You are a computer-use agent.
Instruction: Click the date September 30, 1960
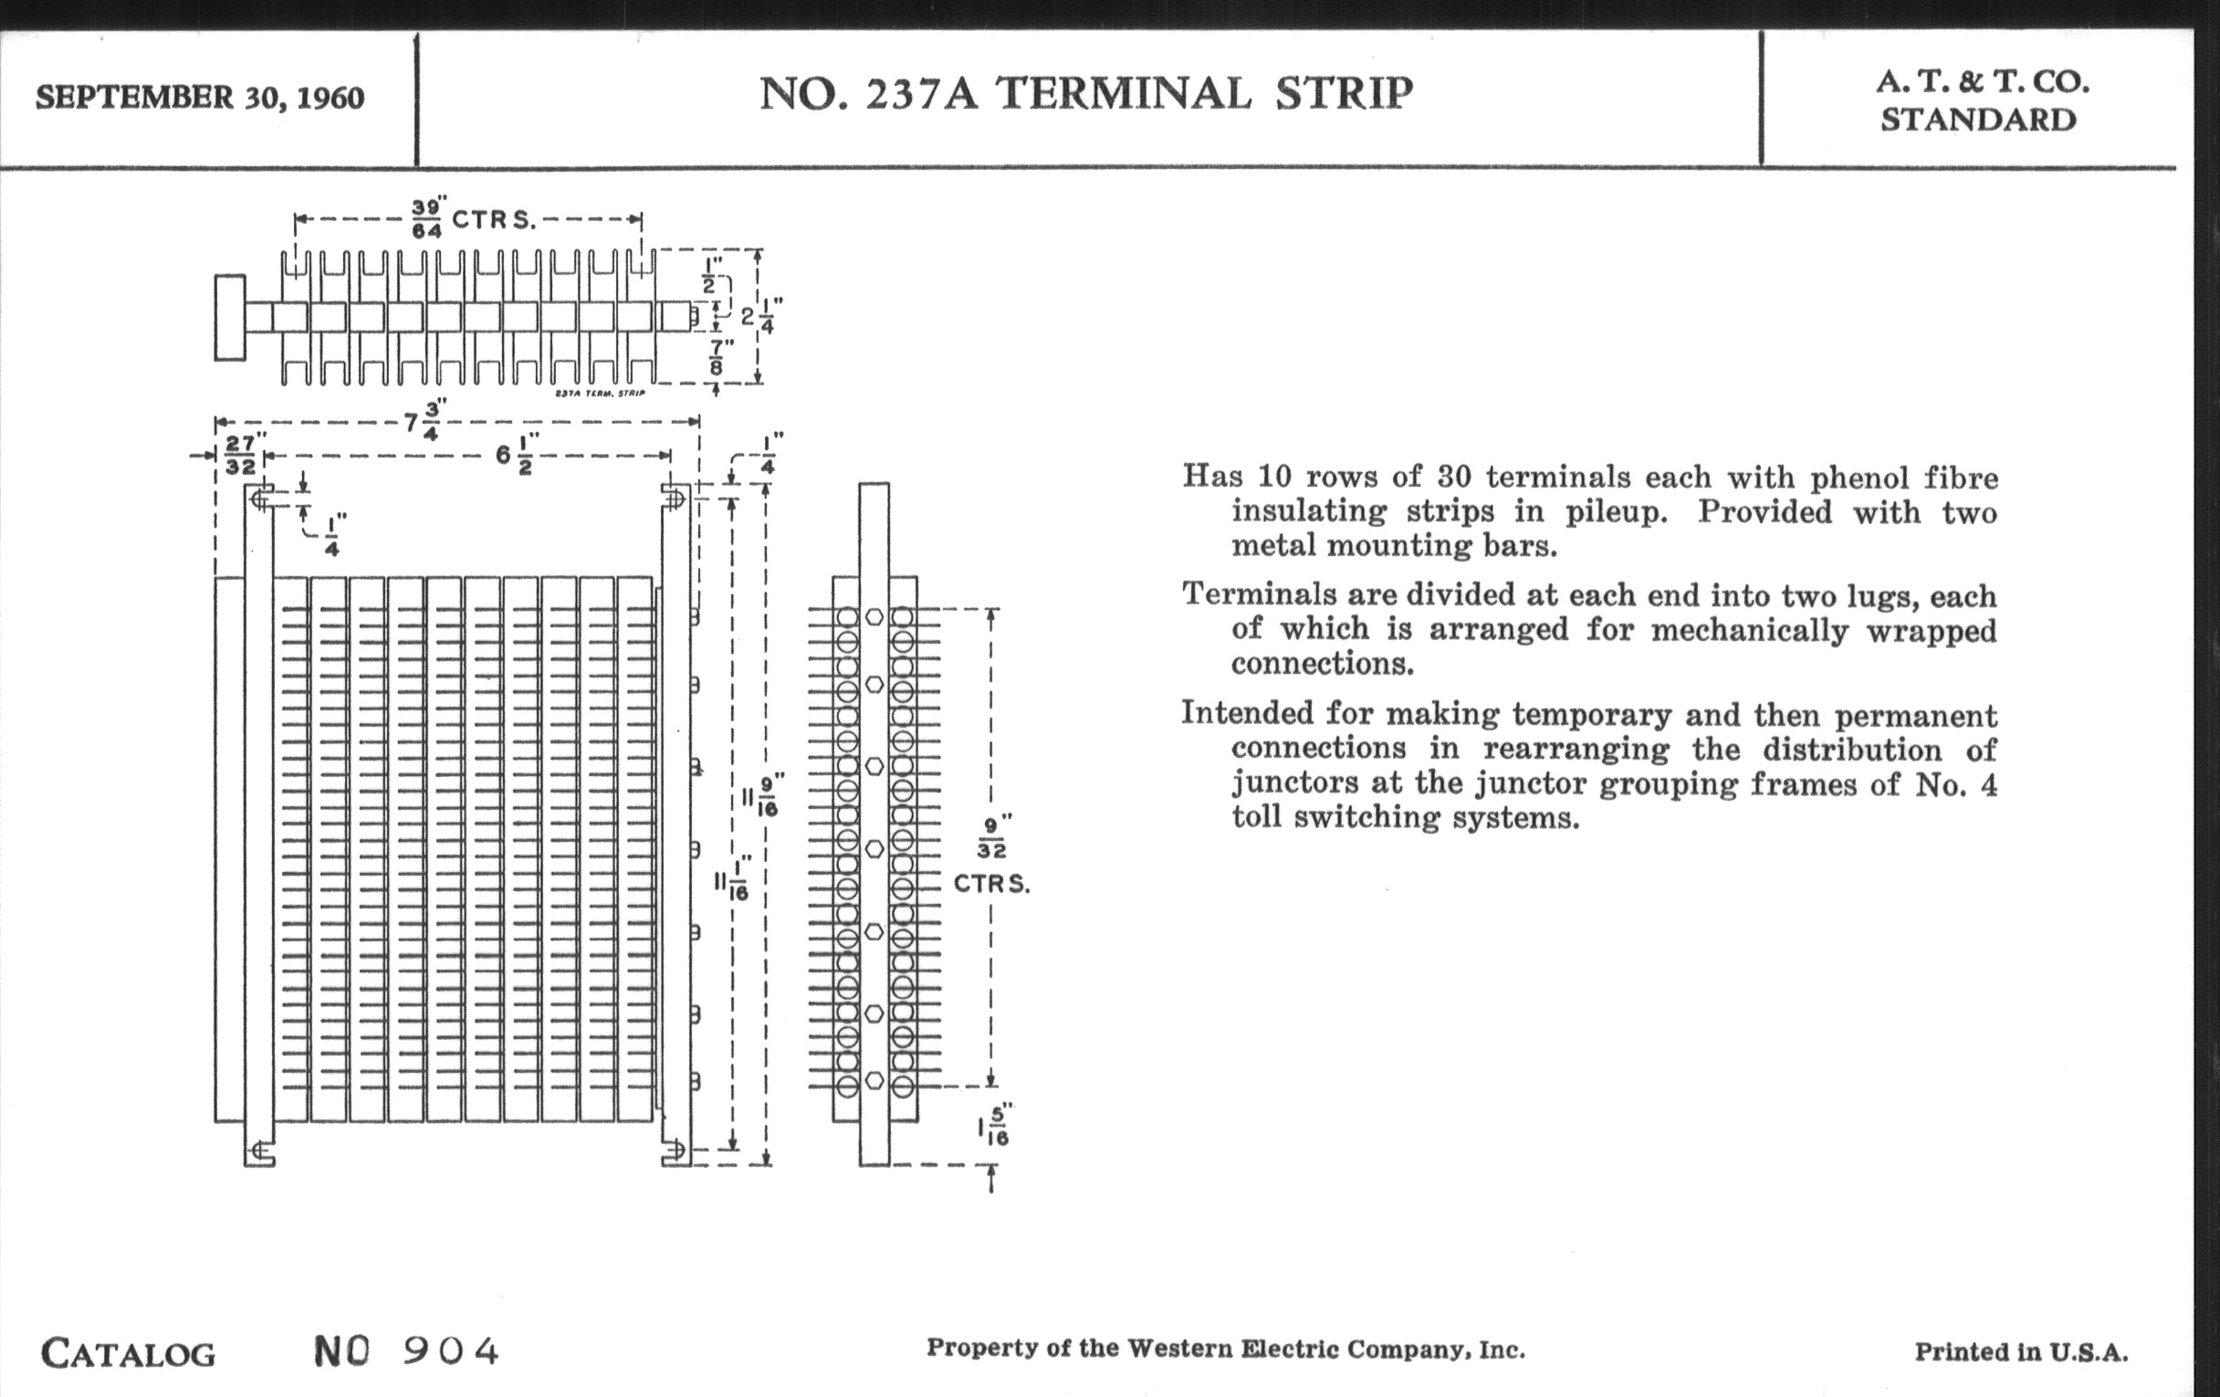[x=200, y=97]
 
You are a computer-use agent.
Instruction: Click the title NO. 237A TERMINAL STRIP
[x=1086, y=93]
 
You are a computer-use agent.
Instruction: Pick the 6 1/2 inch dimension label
[x=518, y=455]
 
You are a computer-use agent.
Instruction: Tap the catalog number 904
[x=452, y=1351]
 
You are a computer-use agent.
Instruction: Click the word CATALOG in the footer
[x=128, y=1353]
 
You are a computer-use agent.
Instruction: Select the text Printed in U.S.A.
[x=2022, y=1352]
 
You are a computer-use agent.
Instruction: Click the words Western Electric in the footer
[x=1228, y=1349]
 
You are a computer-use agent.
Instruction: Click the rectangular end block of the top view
[x=230, y=317]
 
